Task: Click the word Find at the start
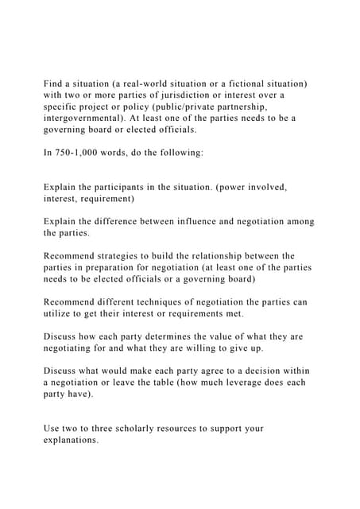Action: click(55, 84)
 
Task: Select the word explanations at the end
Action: click(71, 440)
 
